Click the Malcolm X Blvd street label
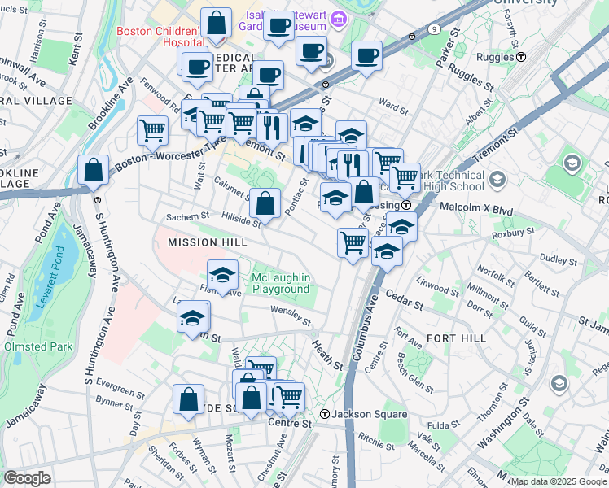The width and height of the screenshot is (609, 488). click(476, 209)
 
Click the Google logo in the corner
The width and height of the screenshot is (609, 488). click(28, 477)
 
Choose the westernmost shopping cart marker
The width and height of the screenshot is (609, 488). click(152, 129)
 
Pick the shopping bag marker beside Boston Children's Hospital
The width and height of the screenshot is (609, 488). click(217, 24)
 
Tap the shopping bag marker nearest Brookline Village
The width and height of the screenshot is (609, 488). click(94, 170)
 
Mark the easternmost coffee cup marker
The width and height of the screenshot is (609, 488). click(366, 56)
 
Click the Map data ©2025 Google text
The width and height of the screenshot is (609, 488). click(559, 481)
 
